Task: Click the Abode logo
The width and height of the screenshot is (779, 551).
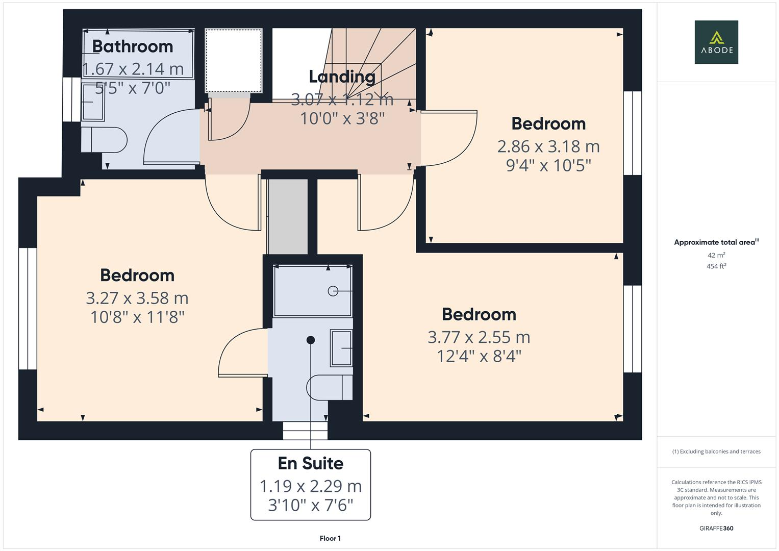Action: (716, 42)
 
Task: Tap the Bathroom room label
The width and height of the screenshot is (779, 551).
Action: (133, 46)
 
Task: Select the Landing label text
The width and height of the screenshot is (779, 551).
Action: (342, 77)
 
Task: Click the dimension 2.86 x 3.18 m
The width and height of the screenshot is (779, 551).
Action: (548, 146)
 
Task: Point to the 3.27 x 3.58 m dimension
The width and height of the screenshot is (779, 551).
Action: (137, 298)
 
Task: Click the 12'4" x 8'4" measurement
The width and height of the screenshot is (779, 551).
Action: (479, 356)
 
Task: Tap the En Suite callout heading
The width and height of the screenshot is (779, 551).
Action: (310, 463)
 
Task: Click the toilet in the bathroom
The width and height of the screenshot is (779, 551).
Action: (105, 140)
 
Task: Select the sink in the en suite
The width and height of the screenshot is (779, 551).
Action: (341, 348)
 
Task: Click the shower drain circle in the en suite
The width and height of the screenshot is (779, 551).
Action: (333, 291)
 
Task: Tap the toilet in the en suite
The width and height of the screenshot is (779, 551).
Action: (330, 388)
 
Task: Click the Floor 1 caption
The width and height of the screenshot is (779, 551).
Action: (330, 538)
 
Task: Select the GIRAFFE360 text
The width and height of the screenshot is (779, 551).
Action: (716, 529)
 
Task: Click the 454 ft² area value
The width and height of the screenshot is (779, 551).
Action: (716, 266)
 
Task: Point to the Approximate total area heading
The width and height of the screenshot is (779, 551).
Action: (716, 242)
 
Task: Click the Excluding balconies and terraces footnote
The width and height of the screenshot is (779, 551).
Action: (716, 452)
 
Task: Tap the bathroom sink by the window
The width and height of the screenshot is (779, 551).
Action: (93, 102)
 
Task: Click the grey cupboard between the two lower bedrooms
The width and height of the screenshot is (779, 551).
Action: (288, 216)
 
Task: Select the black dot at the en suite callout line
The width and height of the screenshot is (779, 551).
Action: (311, 340)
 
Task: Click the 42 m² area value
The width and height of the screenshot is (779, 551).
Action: (716, 255)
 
